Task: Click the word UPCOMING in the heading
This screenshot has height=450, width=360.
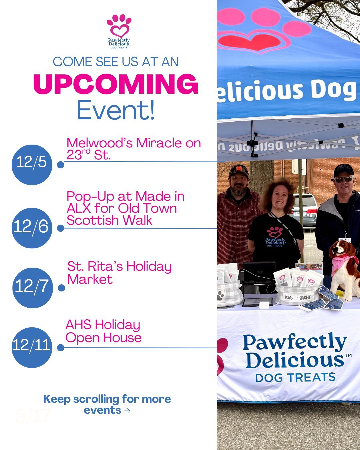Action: [x=116, y=84]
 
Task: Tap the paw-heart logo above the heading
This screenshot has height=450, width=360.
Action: [x=119, y=27]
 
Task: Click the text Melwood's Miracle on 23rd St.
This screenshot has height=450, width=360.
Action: [x=133, y=149]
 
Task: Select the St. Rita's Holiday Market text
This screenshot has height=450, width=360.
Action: [x=119, y=273]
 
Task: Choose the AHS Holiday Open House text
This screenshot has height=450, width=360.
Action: [x=103, y=331]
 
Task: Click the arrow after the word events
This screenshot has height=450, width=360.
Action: [x=127, y=411]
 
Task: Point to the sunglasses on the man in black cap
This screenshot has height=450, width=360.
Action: [x=344, y=180]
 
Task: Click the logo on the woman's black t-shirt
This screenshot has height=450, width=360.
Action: [x=275, y=237]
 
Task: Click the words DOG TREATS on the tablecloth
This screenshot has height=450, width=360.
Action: [x=295, y=378]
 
